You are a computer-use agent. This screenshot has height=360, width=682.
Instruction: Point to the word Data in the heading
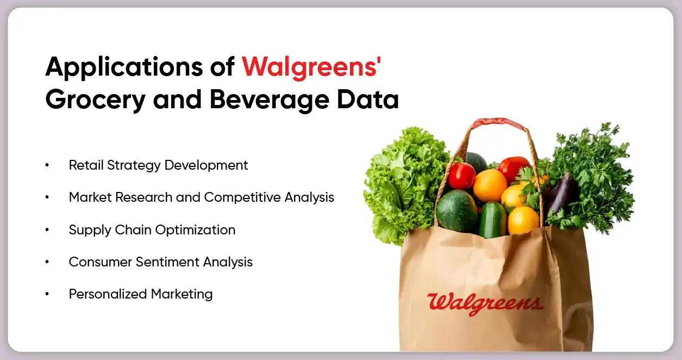372,100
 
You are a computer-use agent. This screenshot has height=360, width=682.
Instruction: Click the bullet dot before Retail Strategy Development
48,165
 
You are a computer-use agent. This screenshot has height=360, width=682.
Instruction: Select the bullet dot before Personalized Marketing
48,294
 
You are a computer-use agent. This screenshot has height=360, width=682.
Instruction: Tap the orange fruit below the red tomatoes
490,185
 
